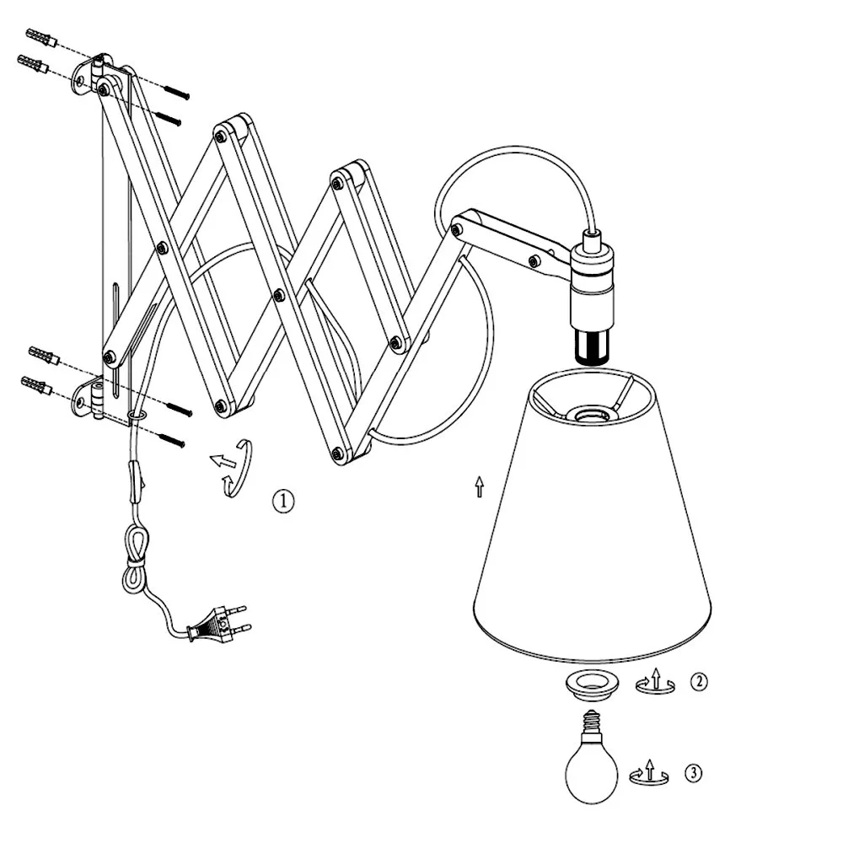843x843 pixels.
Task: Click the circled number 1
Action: [283, 501]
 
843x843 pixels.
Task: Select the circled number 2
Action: [698, 682]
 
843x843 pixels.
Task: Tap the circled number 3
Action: [693, 774]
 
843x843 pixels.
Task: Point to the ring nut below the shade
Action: [591, 685]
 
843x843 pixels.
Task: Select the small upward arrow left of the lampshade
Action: [479, 486]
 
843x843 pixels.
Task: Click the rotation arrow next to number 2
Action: [655, 681]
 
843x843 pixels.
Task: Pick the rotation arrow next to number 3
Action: [649, 772]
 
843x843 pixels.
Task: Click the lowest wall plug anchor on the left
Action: [36, 385]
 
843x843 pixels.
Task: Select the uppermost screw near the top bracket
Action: [177, 91]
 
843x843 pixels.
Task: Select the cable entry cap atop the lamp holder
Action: [592, 237]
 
